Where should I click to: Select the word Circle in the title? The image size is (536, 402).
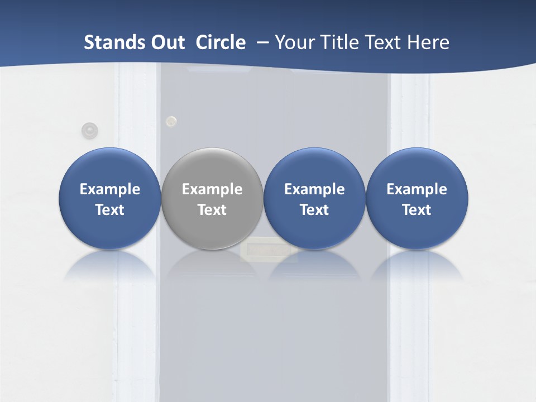[221, 42]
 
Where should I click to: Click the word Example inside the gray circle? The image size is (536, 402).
[212, 189]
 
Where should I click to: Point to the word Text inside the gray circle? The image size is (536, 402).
[212, 210]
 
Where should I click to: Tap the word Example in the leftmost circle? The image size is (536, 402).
[109, 189]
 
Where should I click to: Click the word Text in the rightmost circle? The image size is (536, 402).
[417, 210]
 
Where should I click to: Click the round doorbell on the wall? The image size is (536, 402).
[89, 131]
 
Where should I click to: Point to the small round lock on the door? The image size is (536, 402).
[171, 121]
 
